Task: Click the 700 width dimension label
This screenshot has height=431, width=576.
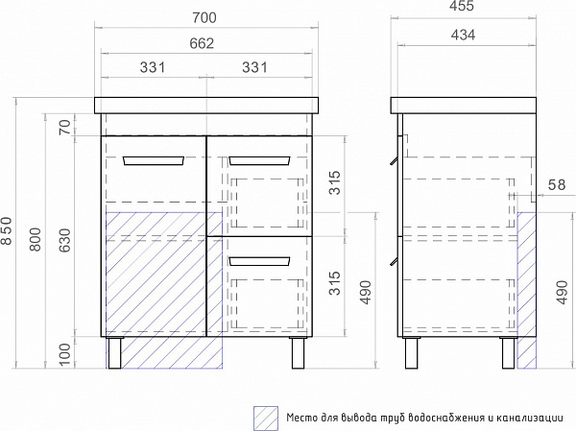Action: coord(204,17)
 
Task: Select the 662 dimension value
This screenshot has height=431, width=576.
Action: coord(202,44)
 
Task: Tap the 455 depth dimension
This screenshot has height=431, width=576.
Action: coord(462,6)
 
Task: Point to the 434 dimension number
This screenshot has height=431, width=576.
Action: coord(463,35)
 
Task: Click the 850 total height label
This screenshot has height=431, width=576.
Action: coord(8,230)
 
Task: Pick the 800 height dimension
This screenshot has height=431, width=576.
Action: coord(36,240)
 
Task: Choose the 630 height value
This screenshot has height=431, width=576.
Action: coord(64,240)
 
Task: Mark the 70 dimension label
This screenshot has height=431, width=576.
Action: coord(64,127)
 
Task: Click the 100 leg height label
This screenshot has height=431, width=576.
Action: coord(64,354)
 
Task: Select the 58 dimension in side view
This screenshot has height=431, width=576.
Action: coord(557,184)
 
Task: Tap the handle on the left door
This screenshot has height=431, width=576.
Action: coord(154,160)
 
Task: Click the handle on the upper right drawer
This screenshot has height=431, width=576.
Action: coord(259,160)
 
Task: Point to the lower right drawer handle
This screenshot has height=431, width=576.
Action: coord(259,261)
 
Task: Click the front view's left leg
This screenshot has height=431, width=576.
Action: coord(114,352)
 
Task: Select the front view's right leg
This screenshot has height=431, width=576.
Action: coord(298,352)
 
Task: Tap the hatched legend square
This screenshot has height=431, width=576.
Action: coord(266,419)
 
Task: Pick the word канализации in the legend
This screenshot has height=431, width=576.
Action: coord(530,418)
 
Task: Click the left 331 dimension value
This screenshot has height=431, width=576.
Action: coord(153,67)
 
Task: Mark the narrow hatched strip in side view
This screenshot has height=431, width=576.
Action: coord(526,291)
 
